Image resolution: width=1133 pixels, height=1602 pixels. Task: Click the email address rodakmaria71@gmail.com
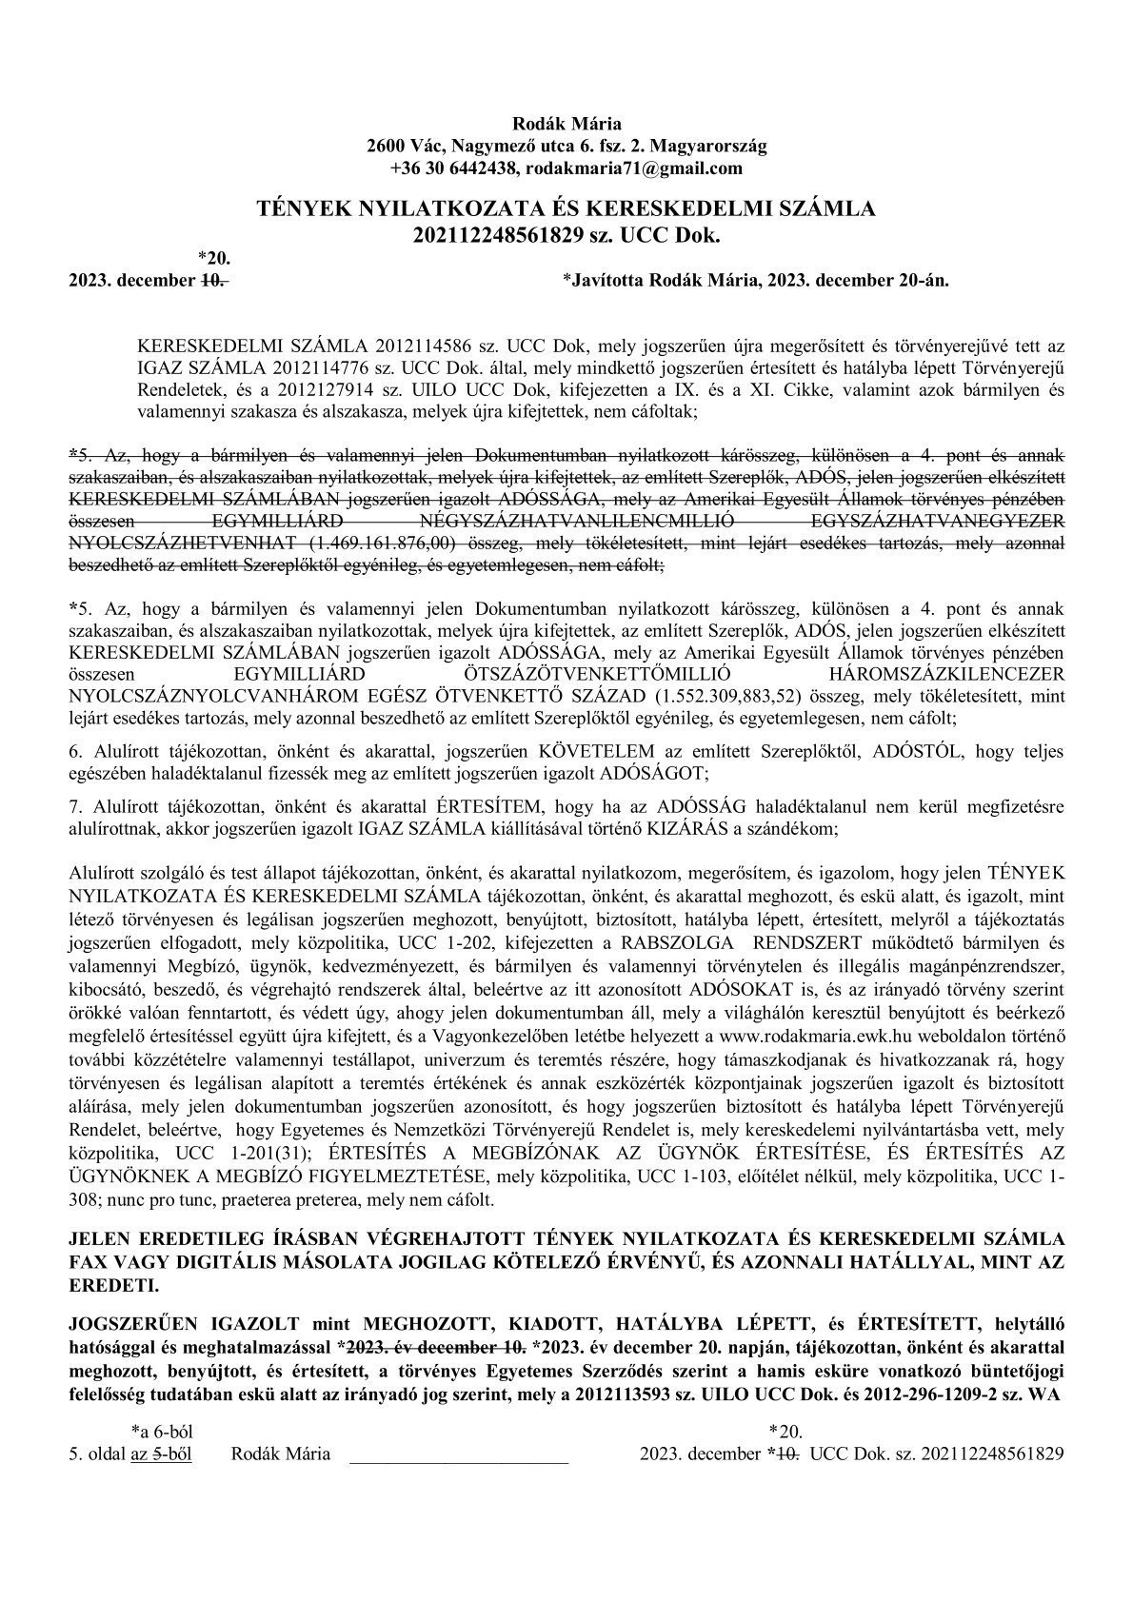(x=634, y=168)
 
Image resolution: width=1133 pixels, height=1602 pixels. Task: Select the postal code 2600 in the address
(x=385, y=146)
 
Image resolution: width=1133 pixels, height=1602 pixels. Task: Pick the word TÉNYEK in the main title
(x=302, y=208)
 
